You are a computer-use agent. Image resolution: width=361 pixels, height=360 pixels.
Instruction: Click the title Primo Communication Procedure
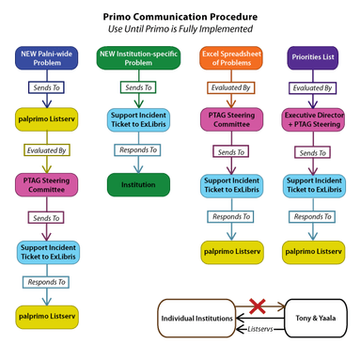pyautogui.click(x=180, y=16)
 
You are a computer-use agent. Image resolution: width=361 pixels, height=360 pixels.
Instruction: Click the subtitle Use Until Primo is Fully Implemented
pyautogui.click(x=180, y=29)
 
